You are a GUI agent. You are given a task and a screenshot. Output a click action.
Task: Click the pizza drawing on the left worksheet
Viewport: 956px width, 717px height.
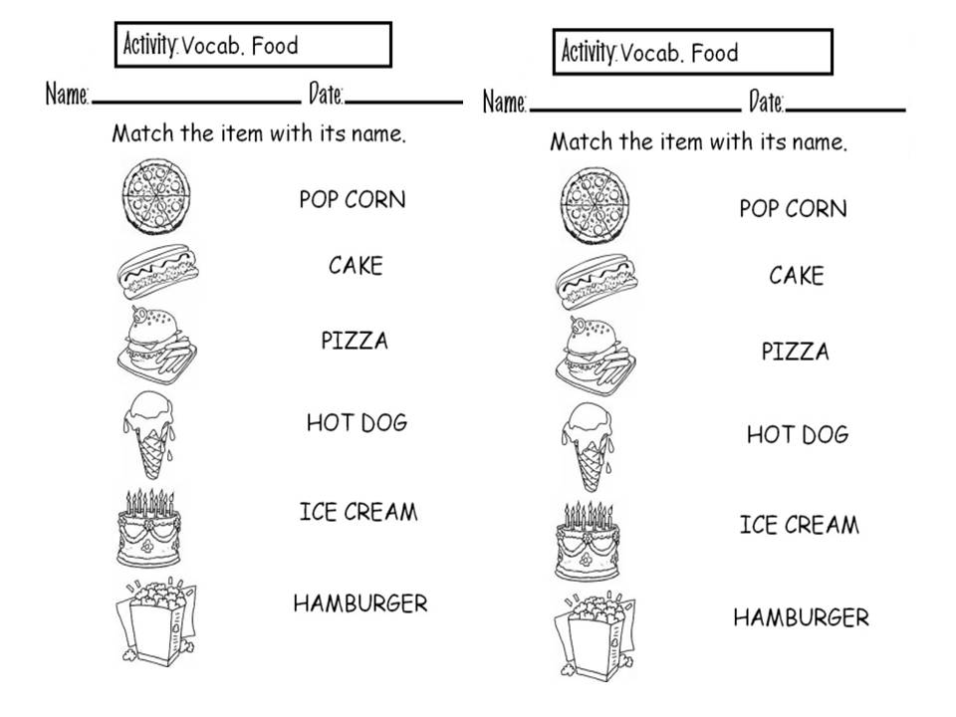point(151,197)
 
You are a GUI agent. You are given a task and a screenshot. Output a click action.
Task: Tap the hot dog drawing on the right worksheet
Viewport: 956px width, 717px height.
point(595,282)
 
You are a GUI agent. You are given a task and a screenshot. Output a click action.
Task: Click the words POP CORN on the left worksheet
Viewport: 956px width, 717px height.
point(353,199)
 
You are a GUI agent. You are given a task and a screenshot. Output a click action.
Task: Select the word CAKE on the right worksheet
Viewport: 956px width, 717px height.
point(796,276)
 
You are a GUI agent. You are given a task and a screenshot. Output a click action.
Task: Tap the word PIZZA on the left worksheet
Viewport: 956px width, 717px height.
point(355,341)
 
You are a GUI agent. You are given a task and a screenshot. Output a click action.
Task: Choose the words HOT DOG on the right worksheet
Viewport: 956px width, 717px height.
point(798,434)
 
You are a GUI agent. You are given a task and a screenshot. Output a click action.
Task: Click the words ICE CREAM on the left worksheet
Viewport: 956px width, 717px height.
point(358,512)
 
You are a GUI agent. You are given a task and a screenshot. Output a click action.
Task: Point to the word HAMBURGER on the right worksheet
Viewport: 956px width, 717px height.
point(801,617)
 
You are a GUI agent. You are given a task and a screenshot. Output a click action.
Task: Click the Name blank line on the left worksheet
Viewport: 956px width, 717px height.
point(195,102)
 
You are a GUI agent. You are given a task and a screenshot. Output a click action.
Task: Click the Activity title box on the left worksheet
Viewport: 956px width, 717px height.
point(253,45)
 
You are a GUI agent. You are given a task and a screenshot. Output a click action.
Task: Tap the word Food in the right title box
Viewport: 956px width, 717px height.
point(715,53)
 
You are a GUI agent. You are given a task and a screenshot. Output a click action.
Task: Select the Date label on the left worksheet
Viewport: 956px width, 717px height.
point(325,96)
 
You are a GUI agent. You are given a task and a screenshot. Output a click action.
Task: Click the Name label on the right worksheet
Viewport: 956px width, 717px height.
point(504,102)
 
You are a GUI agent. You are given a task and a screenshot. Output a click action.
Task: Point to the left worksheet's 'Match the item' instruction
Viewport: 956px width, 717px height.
point(259,133)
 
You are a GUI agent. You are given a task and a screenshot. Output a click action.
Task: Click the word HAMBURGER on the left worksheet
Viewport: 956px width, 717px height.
point(360,603)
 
